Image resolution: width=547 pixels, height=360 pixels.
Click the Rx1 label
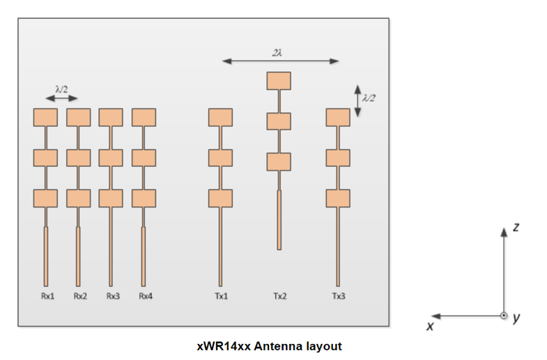(x=47, y=296)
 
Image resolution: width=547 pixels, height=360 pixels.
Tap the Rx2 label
(x=80, y=296)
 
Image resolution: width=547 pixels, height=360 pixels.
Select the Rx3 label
(x=112, y=296)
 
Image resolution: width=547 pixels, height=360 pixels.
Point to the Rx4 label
(x=145, y=296)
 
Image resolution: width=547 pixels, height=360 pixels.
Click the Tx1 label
(x=221, y=296)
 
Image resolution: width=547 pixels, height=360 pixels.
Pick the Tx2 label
(x=279, y=296)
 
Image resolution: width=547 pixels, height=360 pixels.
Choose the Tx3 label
(x=338, y=296)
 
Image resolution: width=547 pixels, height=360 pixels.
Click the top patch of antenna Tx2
(x=279, y=81)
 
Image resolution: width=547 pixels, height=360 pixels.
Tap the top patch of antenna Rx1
(x=45, y=117)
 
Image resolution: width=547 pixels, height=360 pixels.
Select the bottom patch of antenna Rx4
(x=144, y=198)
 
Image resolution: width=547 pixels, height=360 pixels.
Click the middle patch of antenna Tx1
(x=220, y=157)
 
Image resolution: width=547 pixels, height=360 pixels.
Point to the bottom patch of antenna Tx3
(x=338, y=198)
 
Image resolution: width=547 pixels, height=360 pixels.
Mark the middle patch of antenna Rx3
(x=111, y=157)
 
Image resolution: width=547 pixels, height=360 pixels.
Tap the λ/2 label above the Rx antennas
(x=62, y=88)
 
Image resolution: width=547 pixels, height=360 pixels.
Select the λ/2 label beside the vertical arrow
(x=369, y=99)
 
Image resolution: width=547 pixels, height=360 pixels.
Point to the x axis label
(x=430, y=324)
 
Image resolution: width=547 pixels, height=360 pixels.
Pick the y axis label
(x=516, y=318)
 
